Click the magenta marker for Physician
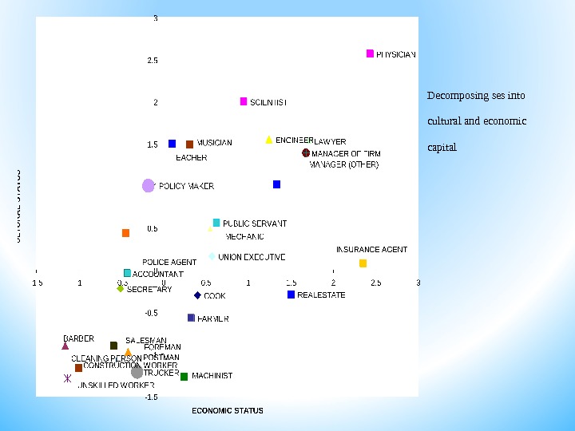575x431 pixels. tap(370, 53)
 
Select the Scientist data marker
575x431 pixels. tap(244, 101)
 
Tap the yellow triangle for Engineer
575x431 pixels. tap(269, 140)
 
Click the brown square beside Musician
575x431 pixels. tap(189, 144)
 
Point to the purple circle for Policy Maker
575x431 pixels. tap(148, 186)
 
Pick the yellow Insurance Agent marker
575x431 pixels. tap(363, 263)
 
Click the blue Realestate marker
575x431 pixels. tap(291, 295)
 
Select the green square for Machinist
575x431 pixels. tap(184, 376)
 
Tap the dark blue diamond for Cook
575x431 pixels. tap(197, 295)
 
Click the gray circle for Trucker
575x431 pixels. tap(137, 372)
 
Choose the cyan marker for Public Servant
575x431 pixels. tap(216, 223)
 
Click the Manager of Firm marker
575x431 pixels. tap(306, 152)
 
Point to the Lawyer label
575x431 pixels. tap(330, 142)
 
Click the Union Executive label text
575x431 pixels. tap(252, 257)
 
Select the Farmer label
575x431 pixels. tap(212, 318)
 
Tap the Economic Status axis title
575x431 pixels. tap(228, 411)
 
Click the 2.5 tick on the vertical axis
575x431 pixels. tap(153, 61)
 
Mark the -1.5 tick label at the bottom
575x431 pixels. tap(151, 397)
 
